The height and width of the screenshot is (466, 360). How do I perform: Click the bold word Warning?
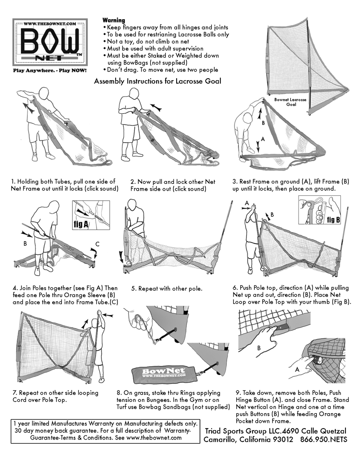[113, 20]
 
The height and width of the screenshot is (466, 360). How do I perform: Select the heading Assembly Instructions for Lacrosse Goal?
[157, 81]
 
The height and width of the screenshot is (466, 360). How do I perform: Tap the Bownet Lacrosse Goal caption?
[290, 101]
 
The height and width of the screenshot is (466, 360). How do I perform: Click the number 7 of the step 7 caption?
[13, 393]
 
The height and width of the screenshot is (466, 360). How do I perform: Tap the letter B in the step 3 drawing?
[263, 123]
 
